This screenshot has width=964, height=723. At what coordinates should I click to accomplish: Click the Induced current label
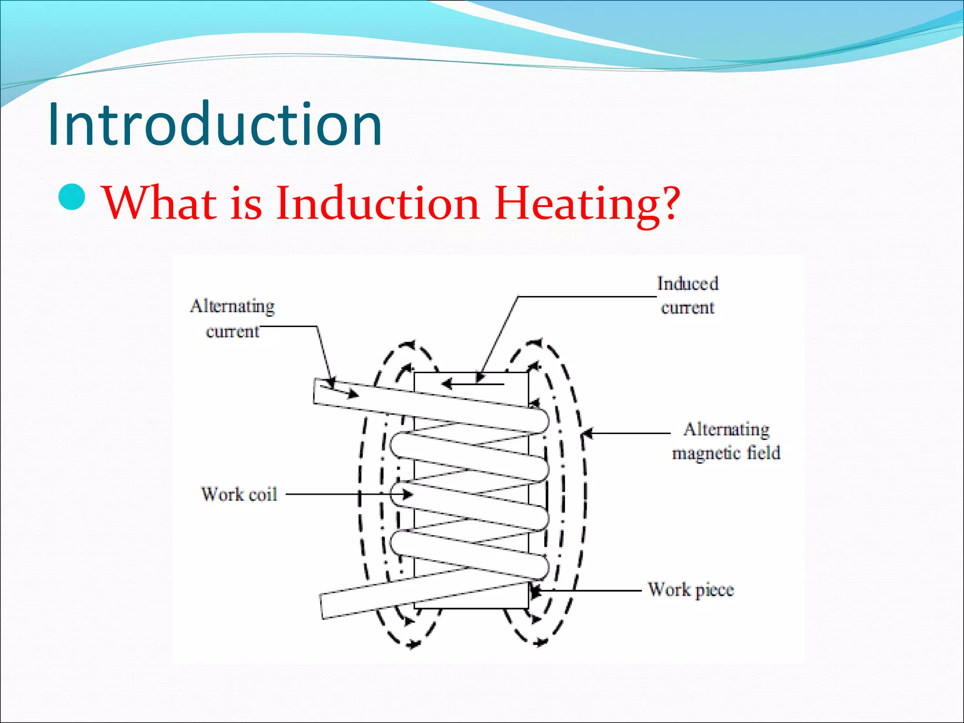688,295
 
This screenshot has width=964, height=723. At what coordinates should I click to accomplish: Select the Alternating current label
233,318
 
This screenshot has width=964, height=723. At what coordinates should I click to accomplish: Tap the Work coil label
239,494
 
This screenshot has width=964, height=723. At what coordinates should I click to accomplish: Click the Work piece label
691,589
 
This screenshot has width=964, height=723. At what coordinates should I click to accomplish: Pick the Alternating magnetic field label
726,441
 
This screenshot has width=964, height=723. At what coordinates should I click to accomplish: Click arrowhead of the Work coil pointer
407,494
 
